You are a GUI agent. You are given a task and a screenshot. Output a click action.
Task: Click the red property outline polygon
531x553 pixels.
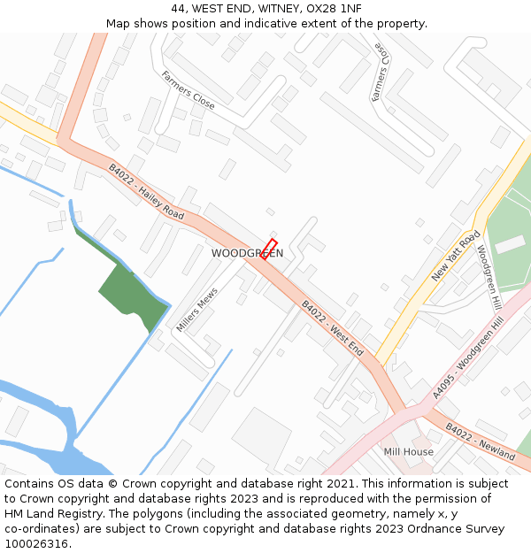269,248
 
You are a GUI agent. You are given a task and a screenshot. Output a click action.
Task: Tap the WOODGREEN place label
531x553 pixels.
247,253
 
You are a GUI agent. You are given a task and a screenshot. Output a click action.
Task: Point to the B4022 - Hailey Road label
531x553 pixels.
146,192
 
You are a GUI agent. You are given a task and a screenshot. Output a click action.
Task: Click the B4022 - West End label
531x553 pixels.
332,327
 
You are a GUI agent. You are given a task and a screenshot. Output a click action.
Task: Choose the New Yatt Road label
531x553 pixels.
456,257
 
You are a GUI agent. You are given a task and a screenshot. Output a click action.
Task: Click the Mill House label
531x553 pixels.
408,452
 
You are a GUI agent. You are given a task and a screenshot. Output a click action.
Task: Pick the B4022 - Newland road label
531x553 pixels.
480,441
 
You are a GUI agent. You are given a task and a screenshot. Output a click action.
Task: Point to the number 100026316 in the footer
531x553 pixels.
36,544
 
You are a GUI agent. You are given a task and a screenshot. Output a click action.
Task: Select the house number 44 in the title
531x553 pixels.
179,9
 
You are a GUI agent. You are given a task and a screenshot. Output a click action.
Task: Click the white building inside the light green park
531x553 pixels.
510,244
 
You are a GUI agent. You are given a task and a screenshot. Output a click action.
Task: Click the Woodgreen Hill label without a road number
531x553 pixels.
489,276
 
